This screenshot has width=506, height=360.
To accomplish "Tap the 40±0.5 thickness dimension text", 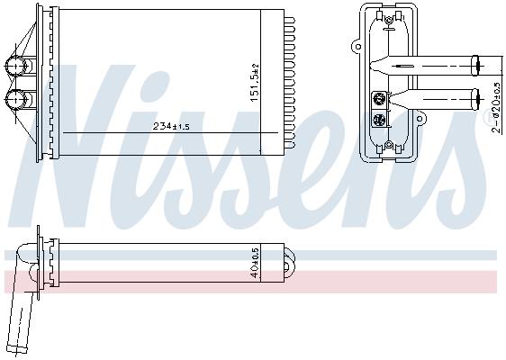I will pos(255,261).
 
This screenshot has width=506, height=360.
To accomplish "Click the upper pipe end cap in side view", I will pos(477,64).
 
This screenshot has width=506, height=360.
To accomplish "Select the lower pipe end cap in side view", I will pos(477,95).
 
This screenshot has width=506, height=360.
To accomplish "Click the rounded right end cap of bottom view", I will pos(290,262).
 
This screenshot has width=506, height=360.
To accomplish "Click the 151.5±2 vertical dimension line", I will pos(259,81).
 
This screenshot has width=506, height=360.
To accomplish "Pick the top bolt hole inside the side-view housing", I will pos(388,16).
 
